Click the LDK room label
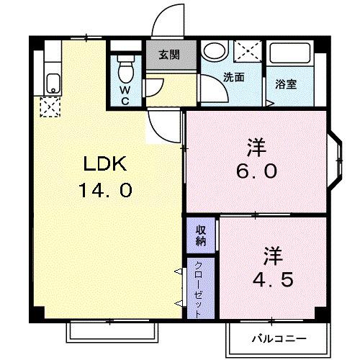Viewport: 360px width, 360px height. (106, 166)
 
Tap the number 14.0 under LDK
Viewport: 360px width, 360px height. (106, 192)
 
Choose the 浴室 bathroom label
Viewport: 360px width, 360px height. (287, 83)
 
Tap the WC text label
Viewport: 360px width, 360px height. (125, 95)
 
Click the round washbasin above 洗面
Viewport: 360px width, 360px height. (214, 52)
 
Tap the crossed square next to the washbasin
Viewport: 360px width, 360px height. (249, 53)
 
